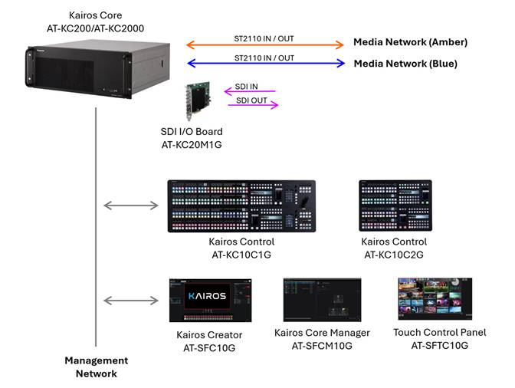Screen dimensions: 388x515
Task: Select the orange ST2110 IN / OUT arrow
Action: pos(265,45)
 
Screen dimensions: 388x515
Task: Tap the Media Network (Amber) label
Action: pos(409,42)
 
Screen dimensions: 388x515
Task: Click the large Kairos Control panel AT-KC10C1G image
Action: pos(241,206)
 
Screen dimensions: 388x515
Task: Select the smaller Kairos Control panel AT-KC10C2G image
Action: pos(395,204)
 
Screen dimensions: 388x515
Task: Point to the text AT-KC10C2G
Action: pos(395,255)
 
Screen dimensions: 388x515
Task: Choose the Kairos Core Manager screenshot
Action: pos(322,301)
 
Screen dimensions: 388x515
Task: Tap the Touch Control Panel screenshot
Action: pos(435,299)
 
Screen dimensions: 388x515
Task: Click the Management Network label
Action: pos(96,367)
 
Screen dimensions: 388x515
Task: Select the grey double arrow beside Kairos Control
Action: pos(130,205)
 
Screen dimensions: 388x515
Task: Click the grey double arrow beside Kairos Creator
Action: pos(130,300)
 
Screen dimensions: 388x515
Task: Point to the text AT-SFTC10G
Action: pos(439,345)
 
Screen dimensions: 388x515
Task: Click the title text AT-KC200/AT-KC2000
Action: pos(95,28)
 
